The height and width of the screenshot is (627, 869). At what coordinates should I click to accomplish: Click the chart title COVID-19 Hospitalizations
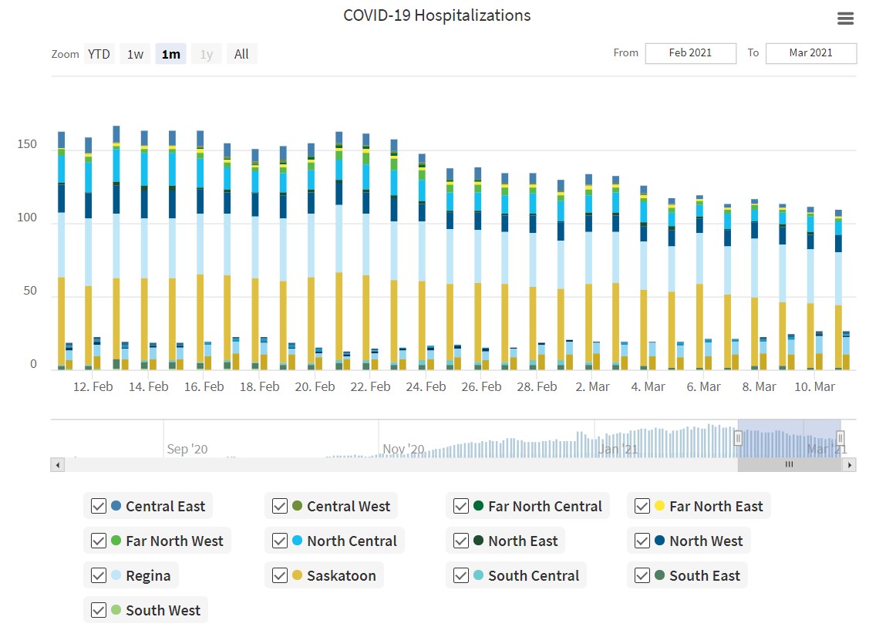[436, 15]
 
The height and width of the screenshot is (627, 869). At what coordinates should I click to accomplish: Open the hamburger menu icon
[845, 19]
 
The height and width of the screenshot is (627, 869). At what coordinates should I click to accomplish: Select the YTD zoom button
[99, 54]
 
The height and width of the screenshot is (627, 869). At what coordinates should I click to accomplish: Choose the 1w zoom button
[135, 54]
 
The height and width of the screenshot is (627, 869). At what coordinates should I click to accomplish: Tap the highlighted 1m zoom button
[170, 54]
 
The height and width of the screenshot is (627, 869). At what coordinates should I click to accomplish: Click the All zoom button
[241, 54]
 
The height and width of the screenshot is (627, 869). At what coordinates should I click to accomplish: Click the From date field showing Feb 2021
[690, 53]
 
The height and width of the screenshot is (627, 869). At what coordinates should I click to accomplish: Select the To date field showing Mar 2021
[810, 53]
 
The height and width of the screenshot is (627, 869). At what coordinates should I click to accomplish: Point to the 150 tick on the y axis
[28, 145]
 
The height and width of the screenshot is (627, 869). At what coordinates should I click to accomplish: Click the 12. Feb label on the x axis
[93, 386]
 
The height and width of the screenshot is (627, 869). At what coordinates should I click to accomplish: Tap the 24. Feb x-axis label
[426, 386]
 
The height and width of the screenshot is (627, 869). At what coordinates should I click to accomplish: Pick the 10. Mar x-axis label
[814, 386]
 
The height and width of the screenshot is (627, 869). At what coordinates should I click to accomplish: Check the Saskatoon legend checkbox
[279, 576]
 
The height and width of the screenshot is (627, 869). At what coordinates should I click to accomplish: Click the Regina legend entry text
[149, 576]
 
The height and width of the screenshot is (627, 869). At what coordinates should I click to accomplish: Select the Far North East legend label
[716, 507]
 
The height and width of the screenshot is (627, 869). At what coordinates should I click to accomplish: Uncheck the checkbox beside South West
[98, 611]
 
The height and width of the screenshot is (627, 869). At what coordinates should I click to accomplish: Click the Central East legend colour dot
[116, 507]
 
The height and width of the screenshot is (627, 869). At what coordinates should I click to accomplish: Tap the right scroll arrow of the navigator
[850, 465]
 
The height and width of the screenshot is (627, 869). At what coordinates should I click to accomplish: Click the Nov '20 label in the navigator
[403, 449]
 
